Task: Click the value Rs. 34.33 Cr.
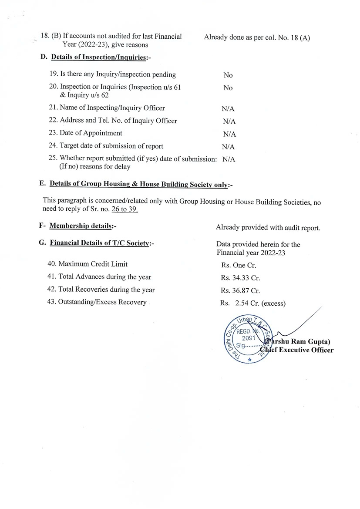[240, 278]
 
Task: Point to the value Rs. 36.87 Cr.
[240, 290]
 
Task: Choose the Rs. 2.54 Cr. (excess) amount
[253, 303]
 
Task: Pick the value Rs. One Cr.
[239, 265]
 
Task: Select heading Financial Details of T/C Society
[100, 243]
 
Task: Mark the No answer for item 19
[228, 75]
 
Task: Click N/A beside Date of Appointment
[229, 134]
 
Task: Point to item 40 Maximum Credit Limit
[87, 264]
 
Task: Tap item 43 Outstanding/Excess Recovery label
[97, 302]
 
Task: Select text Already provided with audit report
[268, 228]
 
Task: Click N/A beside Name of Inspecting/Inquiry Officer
[228, 109]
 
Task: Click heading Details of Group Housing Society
[138, 184]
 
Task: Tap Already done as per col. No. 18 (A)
[257, 37]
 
